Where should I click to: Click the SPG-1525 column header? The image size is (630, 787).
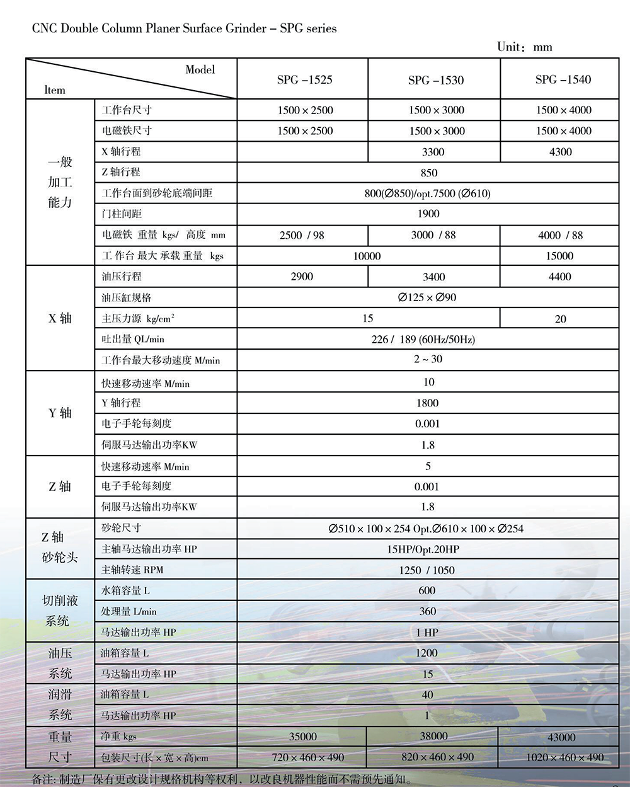[x=304, y=79]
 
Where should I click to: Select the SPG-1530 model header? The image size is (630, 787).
[x=435, y=80]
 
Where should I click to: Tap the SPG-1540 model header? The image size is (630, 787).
[x=563, y=79]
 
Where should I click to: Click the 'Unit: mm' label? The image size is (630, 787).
[x=524, y=47]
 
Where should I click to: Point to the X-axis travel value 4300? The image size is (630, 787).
[x=560, y=152]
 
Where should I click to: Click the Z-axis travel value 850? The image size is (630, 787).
[x=428, y=173]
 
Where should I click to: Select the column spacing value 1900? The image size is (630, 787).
[x=428, y=214]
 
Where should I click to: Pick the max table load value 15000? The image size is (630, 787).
[x=559, y=256]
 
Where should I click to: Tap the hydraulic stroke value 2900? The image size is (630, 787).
[x=302, y=277]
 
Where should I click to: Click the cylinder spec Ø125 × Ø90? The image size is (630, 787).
[x=427, y=297]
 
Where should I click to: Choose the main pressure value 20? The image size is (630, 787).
[x=560, y=319]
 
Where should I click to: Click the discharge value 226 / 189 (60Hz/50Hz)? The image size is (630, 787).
[x=423, y=340]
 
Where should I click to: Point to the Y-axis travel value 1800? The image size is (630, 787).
[x=427, y=403]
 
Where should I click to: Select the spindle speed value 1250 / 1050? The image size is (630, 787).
[x=427, y=570]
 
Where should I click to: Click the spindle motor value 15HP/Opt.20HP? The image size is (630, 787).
[x=423, y=549]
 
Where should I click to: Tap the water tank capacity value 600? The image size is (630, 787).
[x=427, y=590]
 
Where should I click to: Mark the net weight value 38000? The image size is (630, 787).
[x=433, y=736]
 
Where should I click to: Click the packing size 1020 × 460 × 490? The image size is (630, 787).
[x=564, y=757]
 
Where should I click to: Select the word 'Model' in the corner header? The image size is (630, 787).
[x=200, y=70]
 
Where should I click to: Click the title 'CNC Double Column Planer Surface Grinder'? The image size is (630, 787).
[x=149, y=28]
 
